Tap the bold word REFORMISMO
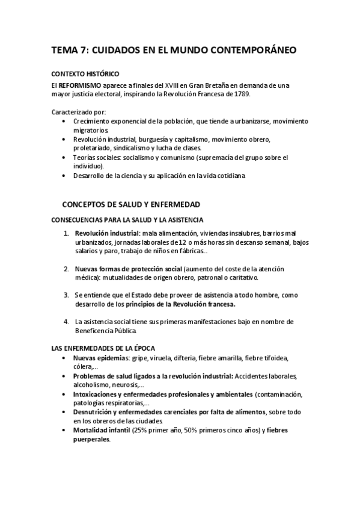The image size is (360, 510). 80,85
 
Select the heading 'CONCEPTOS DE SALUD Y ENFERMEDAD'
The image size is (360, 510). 131,204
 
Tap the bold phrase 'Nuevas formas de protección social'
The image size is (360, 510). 129,269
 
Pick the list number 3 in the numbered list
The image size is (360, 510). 66,295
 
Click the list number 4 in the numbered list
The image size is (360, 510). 66,322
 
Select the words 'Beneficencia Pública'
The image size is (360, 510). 106,331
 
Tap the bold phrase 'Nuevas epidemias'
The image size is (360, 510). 100,358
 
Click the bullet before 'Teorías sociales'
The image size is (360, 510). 65,157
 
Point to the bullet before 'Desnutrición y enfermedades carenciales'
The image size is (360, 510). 65,412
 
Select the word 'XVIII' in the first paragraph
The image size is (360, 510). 180,85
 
